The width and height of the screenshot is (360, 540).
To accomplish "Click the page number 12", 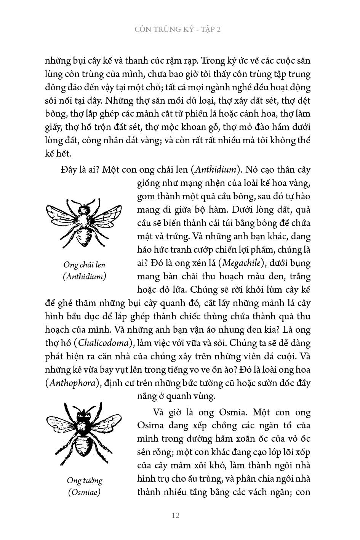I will [176, 516].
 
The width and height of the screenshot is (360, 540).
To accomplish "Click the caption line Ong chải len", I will [84, 264].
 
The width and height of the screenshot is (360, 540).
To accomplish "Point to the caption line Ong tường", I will [84, 480].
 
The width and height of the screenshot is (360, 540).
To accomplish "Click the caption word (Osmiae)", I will [84, 492].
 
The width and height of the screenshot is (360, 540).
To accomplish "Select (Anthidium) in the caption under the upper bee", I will [84, 277].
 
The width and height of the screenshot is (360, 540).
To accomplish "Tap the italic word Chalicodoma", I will [103, 343].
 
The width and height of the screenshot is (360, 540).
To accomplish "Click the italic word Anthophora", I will [72, 383].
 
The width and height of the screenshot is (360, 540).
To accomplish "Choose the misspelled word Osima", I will [150, 425].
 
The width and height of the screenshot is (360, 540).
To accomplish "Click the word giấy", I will [53, 127].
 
